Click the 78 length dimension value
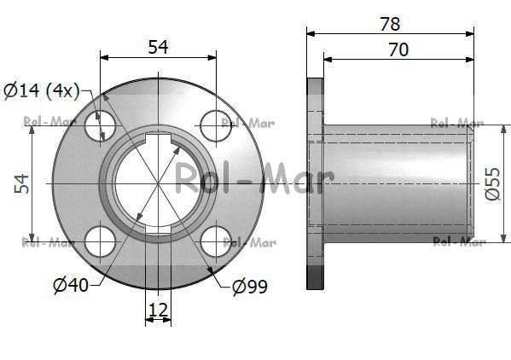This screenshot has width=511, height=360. (390, 25)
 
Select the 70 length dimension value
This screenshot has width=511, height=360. (398, 49)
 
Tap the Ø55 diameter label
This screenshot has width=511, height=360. (493, 183)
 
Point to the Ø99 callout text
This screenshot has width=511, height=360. (250, 287)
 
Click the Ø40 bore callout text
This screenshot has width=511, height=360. (71, 285)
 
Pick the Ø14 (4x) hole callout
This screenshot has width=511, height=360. (42, 90)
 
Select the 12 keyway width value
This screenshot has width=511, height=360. (158, 310)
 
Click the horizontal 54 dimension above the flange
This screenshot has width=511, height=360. (158, 47)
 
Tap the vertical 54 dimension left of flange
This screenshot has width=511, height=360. (22, 183)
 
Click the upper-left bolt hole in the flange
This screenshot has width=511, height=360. (100, 126)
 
